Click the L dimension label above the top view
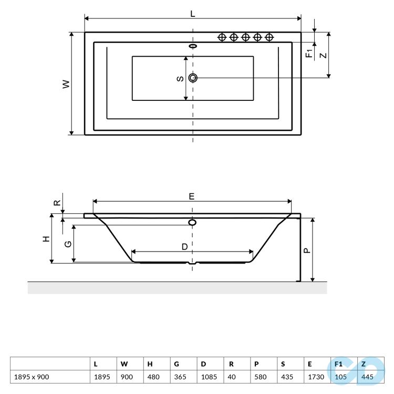[192, 13]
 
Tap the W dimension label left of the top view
[66, 84]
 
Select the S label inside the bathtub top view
[180, 79]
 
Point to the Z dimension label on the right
[324, 55]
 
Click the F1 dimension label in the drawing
[309, 53]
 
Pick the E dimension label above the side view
[192, 196]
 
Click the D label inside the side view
[185, 247]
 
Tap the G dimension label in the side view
[68, 244]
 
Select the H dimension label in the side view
[46, 239]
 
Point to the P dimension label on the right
[307, 251]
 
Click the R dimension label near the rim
[58, 203]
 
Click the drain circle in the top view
[193, 78]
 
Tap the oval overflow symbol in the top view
[193, 46]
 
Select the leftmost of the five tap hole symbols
[222, 37]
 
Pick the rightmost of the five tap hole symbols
[269, 37]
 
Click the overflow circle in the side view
[192, 222]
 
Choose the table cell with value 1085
[209, 377]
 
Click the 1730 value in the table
[316, 377]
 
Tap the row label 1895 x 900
[32, 377]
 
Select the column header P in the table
[256, 364]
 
